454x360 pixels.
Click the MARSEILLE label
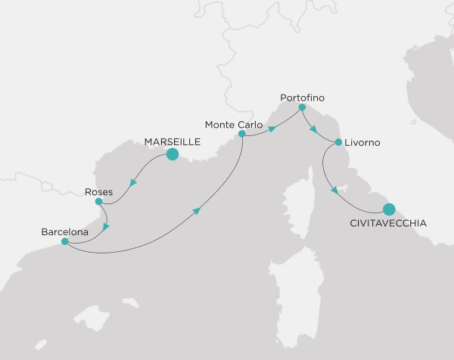(x=172, y=140)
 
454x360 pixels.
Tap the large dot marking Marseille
(x=172, y=155)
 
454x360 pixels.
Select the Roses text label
(x=98, y=192)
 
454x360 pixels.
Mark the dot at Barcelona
(x=65, y=242)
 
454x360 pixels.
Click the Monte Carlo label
(x=233, y=123)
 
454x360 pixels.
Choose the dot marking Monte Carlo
(x=242, y=135)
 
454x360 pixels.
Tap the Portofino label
(x=302, y=97)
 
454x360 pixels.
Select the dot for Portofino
(x=302, y=107)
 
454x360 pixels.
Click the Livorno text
(x=361, y=142)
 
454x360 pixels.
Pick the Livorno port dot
(x=338, y=141)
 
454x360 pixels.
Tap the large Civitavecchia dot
(x=389, y=209)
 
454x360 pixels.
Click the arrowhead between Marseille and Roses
(x=132, y=182)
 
